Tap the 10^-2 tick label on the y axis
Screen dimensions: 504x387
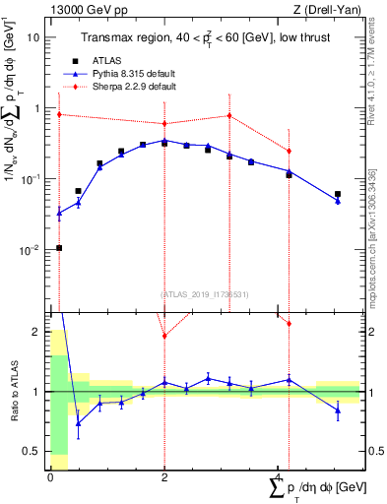[31, 250]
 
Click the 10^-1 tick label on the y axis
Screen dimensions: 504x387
[31, 179]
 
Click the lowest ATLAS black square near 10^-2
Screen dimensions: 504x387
[59, 248]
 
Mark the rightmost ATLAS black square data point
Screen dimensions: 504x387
[338, 194]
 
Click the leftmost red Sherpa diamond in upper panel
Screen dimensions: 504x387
[59, 114]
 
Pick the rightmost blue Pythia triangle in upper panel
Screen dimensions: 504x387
[338, 201]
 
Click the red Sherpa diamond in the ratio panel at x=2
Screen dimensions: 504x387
[164, 336]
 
